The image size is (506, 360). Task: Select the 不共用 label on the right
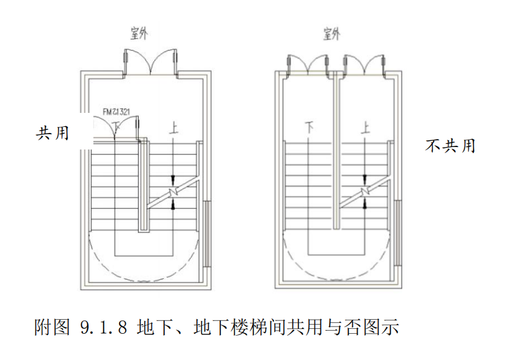pos(450,146)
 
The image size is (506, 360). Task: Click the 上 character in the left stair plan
pos(175,128)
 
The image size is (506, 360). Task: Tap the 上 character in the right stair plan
pos(366,128)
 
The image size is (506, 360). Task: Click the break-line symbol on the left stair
pos(174,192)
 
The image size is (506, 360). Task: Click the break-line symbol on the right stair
pos(365,192)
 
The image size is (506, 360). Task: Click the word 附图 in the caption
pos(51,328)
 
